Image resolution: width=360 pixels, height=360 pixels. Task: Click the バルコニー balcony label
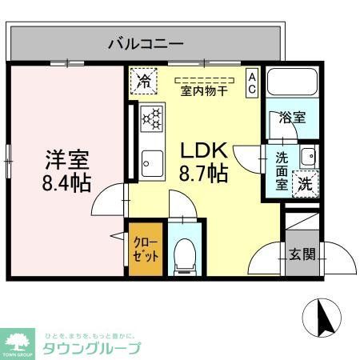click(146, 43)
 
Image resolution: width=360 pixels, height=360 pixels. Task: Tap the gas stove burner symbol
click(151, 119)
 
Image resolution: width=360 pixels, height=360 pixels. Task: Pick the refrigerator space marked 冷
click(144, 80)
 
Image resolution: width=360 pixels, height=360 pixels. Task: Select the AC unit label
click(251, 82)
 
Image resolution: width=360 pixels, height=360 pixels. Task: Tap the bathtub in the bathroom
click(291, 84)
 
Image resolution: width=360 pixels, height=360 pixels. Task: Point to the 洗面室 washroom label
click(282, 170)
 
